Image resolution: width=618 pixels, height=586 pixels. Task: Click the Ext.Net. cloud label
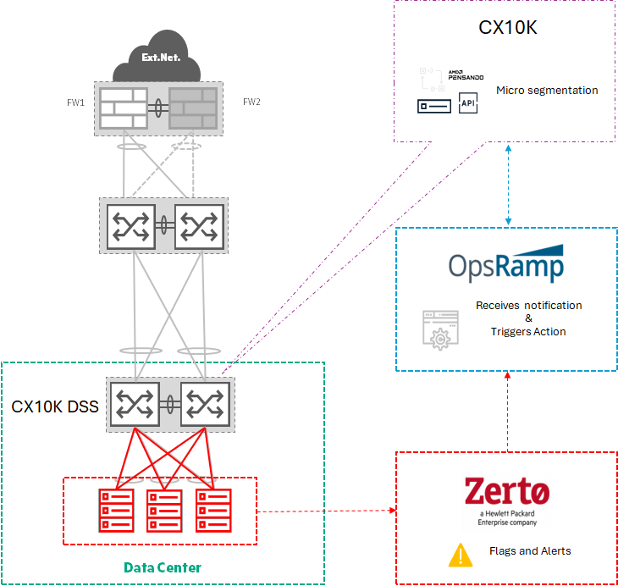pyautogui.click(x=160, y=60)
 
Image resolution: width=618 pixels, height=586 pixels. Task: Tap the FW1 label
pyautogui.click(x=75, y=102)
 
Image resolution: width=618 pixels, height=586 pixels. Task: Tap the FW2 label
pyautogui.click(x=251, y=102)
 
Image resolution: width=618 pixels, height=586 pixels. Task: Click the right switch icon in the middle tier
pyautogui.click(x=199, y=225)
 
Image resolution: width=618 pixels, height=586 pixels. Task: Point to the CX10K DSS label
pyautogui.click(x=55, y=406)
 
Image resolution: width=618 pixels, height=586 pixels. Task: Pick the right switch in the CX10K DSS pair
pyautogui.click(x=204, y=404)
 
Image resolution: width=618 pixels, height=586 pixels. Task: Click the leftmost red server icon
pyautogui.click(x=116, y=509)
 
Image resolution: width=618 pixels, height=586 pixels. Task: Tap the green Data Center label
pyautogui.click(x=163, y=567)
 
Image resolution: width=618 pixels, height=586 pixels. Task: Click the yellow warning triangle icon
pyautogui.click(x=460, y=554)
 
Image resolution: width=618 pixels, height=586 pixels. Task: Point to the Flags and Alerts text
pyautogui.click(x=530, y=551)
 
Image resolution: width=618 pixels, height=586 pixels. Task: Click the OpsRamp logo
pyautogui.click(x=506, y=263)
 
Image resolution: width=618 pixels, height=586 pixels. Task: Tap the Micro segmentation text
pyautogui.click(x=547, y=91)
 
